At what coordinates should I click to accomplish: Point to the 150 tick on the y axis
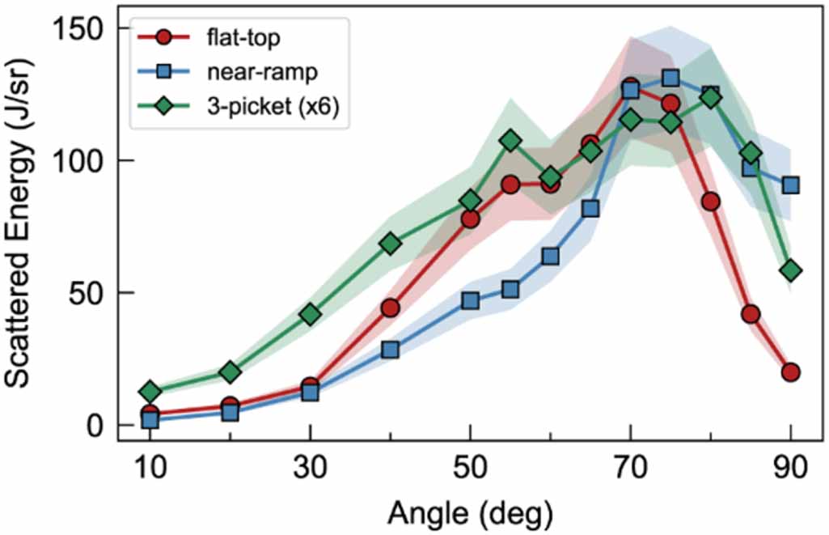[82, 28]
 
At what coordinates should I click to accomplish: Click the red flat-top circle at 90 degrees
[790, 372]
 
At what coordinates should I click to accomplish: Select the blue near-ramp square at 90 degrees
[790, 185]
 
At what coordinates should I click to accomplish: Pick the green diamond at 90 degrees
[790, 270]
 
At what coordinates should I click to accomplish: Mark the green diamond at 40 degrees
[390, 244]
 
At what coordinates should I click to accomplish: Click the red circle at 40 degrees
[390, 308]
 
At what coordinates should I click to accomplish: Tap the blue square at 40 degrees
[390, 350]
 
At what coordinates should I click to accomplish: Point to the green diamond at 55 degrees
[510, 141]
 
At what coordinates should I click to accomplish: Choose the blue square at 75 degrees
[670, 78]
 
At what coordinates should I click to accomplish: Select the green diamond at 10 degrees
[150, 392]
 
